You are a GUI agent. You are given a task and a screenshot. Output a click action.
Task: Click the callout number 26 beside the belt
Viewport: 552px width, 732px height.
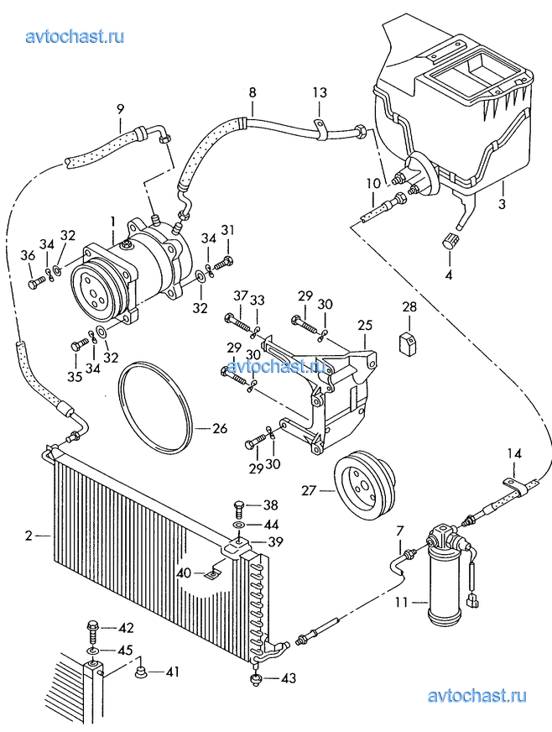tap(220, 428)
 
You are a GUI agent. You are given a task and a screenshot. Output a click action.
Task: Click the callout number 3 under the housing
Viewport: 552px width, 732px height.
tap(501, 204)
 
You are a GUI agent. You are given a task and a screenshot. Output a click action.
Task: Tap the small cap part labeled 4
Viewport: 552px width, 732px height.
tap(450, 242)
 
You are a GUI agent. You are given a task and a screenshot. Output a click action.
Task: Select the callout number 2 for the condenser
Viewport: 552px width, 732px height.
tap(29, 536)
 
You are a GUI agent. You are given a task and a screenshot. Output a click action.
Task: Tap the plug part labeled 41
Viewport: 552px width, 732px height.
tap(140, 672)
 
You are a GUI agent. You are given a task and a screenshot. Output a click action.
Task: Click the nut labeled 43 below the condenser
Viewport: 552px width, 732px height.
tap(256, 679)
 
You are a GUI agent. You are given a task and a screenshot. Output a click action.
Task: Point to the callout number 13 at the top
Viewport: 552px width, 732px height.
tap(320, 92)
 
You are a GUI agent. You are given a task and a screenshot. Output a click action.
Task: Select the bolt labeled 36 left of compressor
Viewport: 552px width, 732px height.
tap(37, 283)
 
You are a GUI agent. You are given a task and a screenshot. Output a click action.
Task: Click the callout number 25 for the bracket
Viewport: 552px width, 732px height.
tap(365, 325)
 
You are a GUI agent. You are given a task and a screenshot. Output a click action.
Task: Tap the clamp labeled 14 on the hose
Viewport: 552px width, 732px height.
tap(516, 485)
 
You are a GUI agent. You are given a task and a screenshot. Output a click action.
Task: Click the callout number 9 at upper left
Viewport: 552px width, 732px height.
tap(121, 110)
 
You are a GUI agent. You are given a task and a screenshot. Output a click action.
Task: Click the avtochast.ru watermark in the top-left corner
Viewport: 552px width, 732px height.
tap(75, 36)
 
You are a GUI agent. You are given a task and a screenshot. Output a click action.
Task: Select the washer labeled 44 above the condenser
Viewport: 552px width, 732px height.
tap(238, 525)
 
